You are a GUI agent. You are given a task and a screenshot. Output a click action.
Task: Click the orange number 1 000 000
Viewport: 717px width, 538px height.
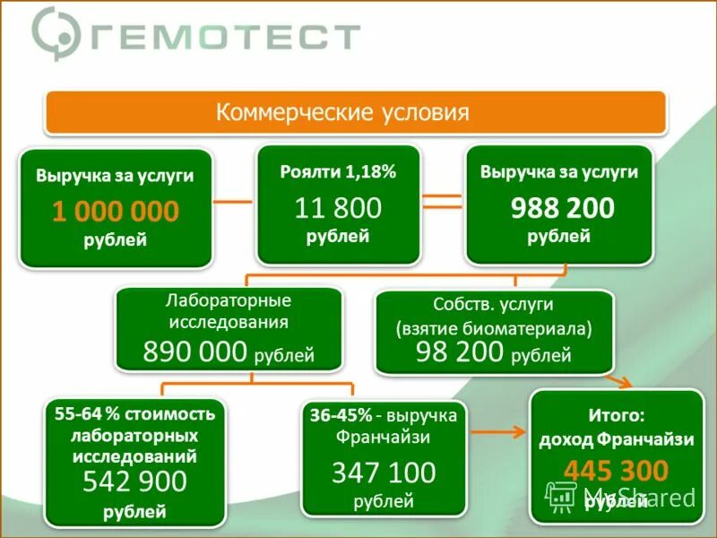coord(116,212)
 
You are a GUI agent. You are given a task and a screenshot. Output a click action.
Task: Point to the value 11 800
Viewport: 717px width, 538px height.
coord(338,209)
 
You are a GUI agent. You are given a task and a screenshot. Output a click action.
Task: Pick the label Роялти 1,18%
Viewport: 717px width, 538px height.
coord(338,172)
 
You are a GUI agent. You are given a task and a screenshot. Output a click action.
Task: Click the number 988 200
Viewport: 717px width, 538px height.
coord(562,209)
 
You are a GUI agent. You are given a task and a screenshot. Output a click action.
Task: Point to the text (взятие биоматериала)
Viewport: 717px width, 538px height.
coord(494,328)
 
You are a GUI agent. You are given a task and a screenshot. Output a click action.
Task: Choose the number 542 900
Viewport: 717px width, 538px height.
coord(134,482)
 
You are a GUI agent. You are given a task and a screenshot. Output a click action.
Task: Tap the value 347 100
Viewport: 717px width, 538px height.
coord(384,473)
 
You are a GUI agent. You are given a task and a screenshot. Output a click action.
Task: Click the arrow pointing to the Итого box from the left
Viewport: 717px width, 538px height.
coord(500,432)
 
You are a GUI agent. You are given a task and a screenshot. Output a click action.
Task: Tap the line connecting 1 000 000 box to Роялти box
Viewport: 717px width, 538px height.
coord(234,201)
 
